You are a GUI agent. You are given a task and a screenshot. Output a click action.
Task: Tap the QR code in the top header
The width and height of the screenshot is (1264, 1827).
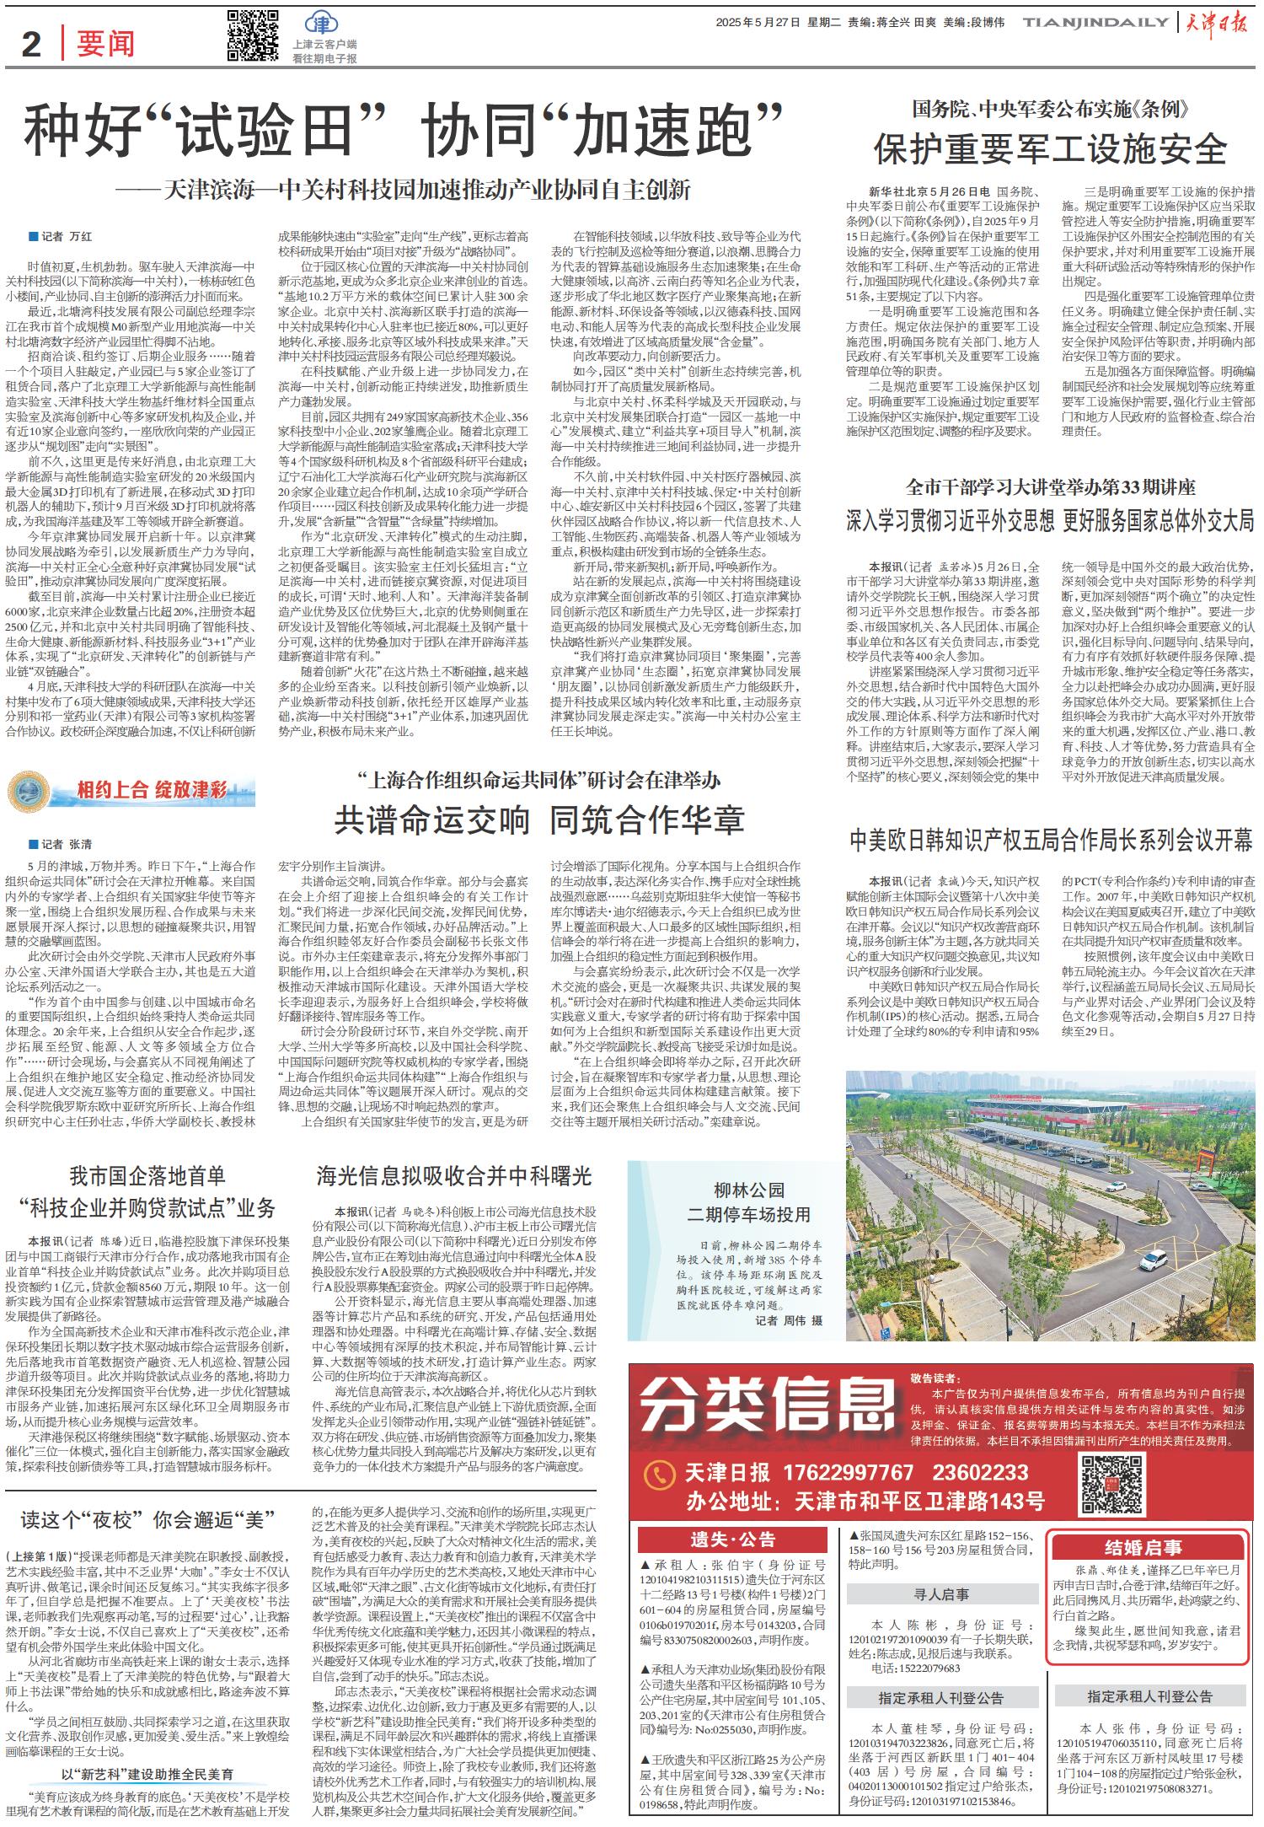click(252, 35)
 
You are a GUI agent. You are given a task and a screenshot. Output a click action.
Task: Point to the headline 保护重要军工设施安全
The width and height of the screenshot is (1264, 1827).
click(1050, 149)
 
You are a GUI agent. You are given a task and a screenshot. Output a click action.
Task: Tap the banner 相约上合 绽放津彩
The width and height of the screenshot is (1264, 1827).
click(131, 790)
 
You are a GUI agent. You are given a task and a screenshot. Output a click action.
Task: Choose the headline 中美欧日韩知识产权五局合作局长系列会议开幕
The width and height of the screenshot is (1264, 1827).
click(1050, 840)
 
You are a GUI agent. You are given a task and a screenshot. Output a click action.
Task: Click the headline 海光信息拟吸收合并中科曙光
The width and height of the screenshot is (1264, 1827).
click(454, 1176)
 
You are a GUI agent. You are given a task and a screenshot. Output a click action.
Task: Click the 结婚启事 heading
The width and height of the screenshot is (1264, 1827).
click(1143, 1547)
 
